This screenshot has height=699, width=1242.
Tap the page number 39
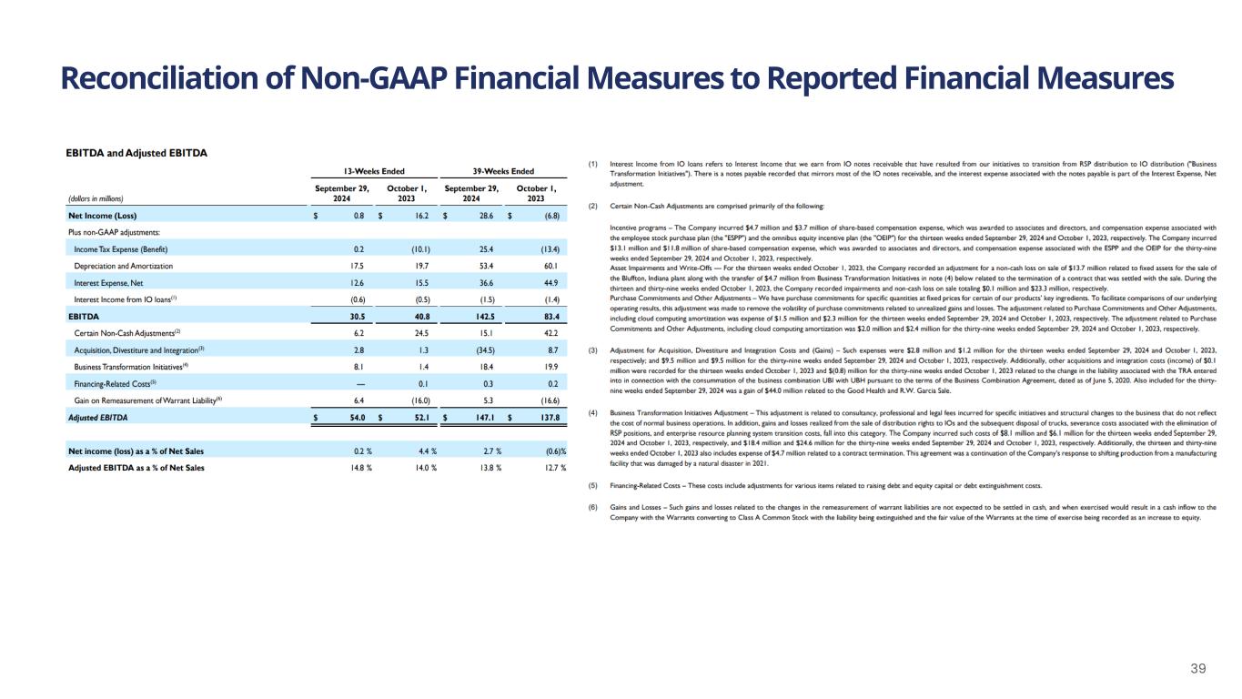tap(1198, 669)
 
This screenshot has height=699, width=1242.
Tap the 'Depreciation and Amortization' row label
tap(123, 266)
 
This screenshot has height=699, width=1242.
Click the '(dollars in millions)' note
tap(96, 198)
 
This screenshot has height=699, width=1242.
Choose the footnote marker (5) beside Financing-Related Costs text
tap(594, 485)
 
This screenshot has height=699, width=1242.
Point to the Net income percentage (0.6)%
tap(551, 451)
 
